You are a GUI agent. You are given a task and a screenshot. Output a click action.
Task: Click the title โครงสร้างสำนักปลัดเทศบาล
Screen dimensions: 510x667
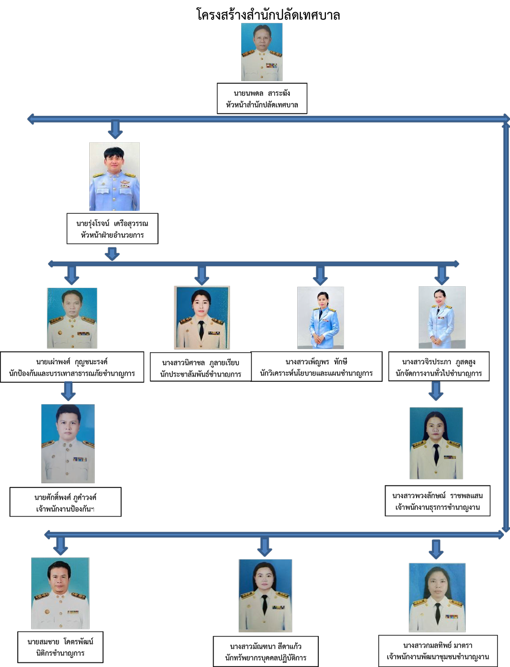click(268, 15)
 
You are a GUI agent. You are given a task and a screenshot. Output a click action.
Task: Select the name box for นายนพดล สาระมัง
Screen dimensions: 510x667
click(262, 98)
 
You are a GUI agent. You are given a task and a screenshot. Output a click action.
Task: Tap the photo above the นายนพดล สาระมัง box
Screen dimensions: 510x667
click(262, 52)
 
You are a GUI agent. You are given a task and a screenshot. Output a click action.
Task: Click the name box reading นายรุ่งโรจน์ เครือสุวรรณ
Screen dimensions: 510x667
click(112, 229)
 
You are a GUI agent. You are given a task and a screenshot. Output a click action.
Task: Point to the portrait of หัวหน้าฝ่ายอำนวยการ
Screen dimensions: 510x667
click(114, 177)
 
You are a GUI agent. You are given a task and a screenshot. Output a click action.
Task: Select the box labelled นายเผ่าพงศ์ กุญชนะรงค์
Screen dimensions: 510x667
click(72, 367)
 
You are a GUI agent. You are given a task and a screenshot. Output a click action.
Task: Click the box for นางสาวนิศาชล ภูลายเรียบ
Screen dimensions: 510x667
click(200, 366)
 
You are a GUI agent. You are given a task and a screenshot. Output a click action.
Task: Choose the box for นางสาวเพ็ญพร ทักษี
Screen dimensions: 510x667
click(316, 366)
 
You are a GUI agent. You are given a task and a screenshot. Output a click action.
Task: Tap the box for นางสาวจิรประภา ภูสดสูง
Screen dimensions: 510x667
click(439, 366)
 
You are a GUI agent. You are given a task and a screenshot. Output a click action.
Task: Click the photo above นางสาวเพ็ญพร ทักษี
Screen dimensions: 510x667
click(321, 317)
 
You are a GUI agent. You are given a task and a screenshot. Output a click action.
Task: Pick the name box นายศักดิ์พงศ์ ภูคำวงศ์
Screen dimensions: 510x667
click(66, 502)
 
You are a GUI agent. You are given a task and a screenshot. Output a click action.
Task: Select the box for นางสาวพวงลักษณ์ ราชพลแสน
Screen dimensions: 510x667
click(438, 501)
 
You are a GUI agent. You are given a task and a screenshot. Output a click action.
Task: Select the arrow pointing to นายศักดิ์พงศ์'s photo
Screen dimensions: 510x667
click(68, 391)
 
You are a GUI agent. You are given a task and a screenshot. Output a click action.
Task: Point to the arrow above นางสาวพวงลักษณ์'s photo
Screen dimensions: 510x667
click(436, 391)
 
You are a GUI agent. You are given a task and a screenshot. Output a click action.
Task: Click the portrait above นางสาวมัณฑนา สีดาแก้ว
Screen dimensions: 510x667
click(265, 596)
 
